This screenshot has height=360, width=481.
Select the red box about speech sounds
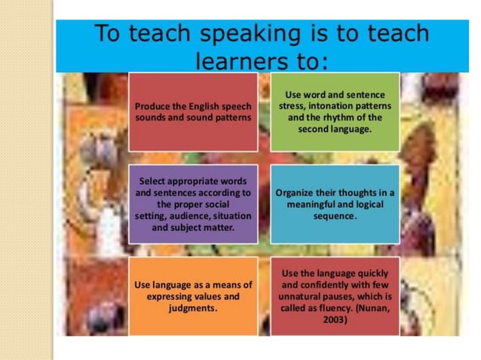[193, 112]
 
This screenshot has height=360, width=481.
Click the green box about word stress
[335, 111]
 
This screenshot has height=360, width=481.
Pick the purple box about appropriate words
[193, 203]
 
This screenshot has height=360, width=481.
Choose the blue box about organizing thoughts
[335, 203]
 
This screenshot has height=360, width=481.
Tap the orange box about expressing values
[193, 296]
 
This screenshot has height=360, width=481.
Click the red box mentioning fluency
[335, 296]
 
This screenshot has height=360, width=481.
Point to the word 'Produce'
[152, 106]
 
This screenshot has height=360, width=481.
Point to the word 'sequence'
[335, 215]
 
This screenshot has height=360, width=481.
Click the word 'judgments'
[193, 308]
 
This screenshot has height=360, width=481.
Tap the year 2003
[335, 319]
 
